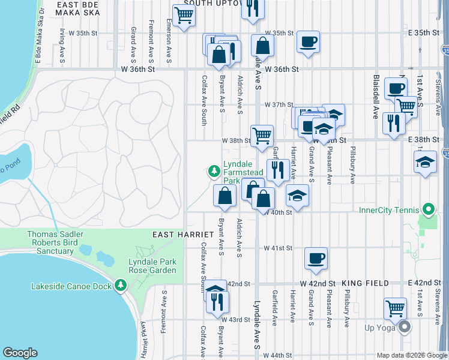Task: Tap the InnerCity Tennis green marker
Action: (428, 210)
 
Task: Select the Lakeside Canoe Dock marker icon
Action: (121, 285)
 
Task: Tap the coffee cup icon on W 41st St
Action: (316, 259)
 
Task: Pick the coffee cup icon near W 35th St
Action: (309, 42)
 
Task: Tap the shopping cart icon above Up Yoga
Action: (396, 308)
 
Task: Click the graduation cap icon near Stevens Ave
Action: (425, 161)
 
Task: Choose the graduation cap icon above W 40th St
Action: (297, 196)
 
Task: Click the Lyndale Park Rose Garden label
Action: (152, 266)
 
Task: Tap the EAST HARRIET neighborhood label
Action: (183, 234)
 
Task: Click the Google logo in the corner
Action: (20, 353)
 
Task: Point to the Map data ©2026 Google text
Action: (411, 355)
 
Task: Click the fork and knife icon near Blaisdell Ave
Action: (393, 123)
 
